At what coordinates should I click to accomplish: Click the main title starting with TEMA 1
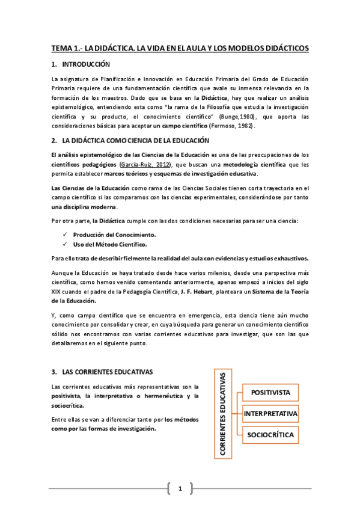[180, 48]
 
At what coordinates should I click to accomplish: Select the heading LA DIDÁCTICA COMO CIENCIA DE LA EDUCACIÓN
[135, 140]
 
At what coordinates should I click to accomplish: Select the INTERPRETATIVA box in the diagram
[270, 414]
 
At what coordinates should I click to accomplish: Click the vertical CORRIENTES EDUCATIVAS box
[222, 414]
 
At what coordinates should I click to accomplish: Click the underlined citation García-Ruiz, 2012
[145, 164]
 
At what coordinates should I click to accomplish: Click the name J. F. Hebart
[196, 292]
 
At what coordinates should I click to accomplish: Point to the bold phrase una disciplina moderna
[78, 206]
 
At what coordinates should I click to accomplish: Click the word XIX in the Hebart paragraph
[58, 292]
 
